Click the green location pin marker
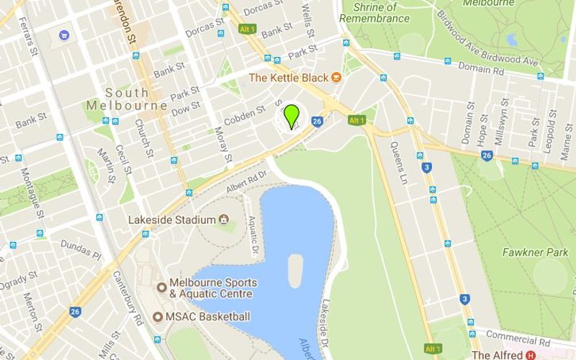point(292,116)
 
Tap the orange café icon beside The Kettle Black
point(336,77)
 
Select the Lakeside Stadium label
point(172,220)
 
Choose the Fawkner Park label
point(536,253)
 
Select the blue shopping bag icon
point(65,34)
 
